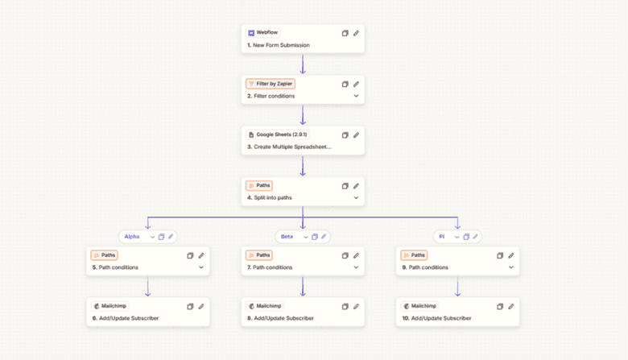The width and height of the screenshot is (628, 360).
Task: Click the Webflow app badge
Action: pos(262,33)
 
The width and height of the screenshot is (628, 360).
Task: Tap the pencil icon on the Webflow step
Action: pos(356,33)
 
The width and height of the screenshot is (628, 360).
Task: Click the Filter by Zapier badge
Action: pos(271,84)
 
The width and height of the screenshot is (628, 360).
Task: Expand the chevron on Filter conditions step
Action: pos(356,96)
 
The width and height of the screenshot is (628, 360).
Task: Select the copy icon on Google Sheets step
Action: pos(345,135)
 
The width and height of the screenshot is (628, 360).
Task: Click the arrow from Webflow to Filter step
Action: pos(303,64)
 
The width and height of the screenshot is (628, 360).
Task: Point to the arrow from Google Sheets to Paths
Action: pos(303,166)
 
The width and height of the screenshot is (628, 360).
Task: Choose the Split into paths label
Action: pos(273,198)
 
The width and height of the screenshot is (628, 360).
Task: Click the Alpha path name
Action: pos(132,237)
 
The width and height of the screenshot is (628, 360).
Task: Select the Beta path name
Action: pos(287,237)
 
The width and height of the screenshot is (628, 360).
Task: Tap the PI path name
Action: pos(442,237)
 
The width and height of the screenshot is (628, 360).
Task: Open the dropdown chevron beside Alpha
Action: pos(152,237)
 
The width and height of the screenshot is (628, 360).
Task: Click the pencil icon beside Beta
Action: pos(324,237)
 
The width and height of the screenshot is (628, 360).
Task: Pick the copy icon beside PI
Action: pos(466,237)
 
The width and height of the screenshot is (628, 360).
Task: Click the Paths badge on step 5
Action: pos(104,255)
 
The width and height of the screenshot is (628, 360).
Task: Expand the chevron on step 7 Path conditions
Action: pos(356,267)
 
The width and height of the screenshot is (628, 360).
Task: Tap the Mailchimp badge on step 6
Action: pos(109,306)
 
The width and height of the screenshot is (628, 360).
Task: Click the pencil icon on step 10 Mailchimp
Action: pos(511,306)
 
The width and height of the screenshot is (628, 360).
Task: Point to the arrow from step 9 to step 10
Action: pos(458,287)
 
